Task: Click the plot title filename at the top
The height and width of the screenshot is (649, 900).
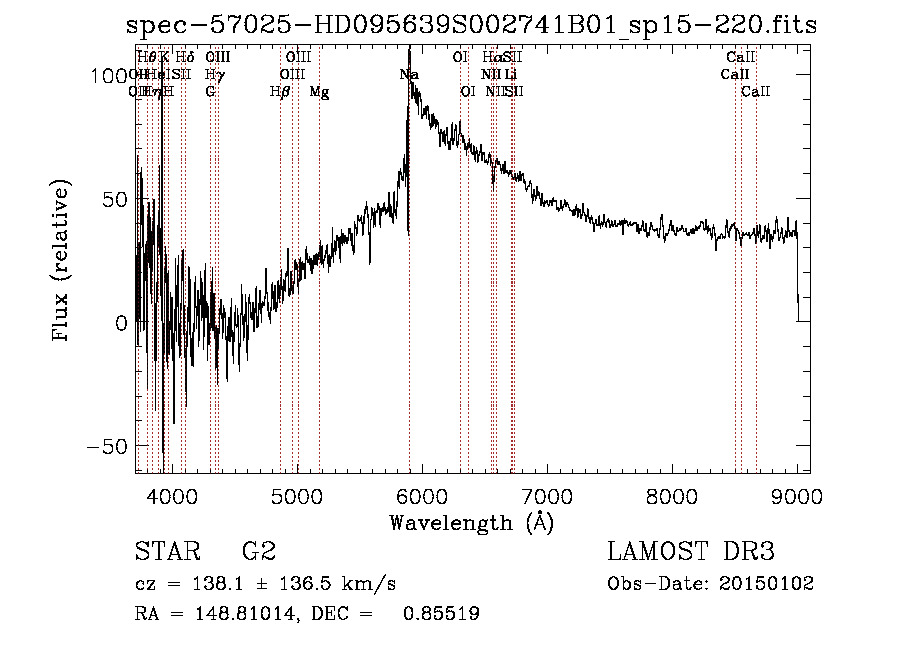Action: [x=472, y=26]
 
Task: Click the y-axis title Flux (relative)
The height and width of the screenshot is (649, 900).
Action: [x=62, y=262]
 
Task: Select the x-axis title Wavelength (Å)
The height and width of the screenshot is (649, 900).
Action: [x=471, y=522]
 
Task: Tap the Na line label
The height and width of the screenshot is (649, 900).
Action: [x=408, y=75]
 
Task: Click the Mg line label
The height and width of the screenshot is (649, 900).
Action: [x=319, y=92]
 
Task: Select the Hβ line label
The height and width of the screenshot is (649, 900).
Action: [x=280, y=92]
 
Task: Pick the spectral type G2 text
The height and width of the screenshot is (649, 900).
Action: [x=259, y=552]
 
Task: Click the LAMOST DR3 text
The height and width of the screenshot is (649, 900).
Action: [x=691, y=552]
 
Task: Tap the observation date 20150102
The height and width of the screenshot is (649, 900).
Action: [x=768, y=584]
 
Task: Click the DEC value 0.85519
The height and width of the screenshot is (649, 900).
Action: [x=441, y=614]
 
